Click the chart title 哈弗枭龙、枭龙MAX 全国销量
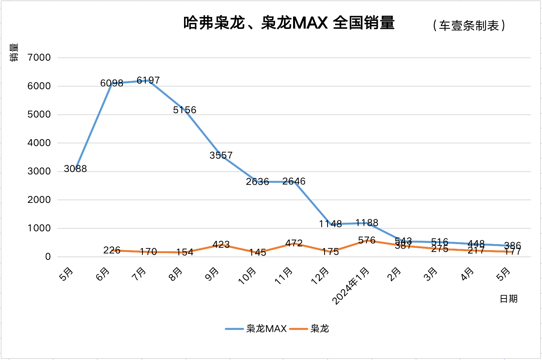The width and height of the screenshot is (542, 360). tap(289, 23)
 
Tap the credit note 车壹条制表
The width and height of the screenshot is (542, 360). tap(469, 25)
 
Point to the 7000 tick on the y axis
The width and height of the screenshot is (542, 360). tap(39, 57)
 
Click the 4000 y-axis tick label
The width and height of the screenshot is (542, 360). tap(39, 143)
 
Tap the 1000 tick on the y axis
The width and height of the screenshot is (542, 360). tap(39, 228)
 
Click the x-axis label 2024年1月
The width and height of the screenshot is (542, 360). tap(351, 285)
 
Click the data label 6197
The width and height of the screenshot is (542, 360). tap(148, 80)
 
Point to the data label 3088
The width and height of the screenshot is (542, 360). tap(75, 169)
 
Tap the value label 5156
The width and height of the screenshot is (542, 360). tap(184, 110)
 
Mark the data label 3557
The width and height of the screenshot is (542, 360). tap(221, 155)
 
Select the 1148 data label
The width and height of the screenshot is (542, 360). tap(330, 224)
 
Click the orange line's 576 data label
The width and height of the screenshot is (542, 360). tap(367, 240)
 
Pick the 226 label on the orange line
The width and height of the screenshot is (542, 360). tap(112, 250)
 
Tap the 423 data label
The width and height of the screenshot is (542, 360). tap(221, 245)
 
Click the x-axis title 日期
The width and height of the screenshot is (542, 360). tap(508, 299)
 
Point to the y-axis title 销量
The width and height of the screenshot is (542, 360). tap(14, 52)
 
